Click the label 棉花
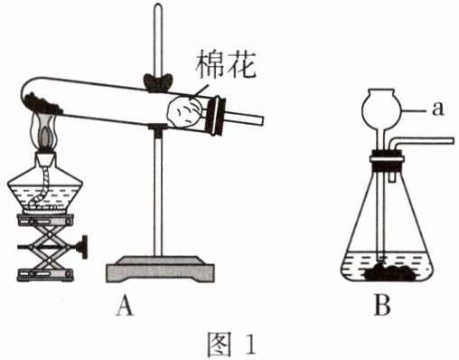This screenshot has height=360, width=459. pos(226,65)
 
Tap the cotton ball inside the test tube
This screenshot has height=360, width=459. pos(184,112)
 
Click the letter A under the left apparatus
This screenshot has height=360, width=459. pos(125,305)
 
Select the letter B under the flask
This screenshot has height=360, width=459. pos(382,305)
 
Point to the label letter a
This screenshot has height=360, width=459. pos(437,109)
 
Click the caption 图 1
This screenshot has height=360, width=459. pos(231,344)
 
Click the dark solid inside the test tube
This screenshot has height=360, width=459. pos(42,103)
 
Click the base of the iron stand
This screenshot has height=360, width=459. pos(161,270)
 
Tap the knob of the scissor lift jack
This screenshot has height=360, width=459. pos(83,247)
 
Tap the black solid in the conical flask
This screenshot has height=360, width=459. pos(391,272)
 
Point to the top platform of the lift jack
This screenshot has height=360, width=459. pos(45,219)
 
